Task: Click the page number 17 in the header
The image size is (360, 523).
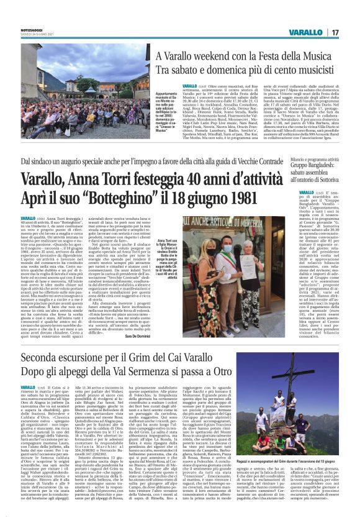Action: (334, 32)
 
